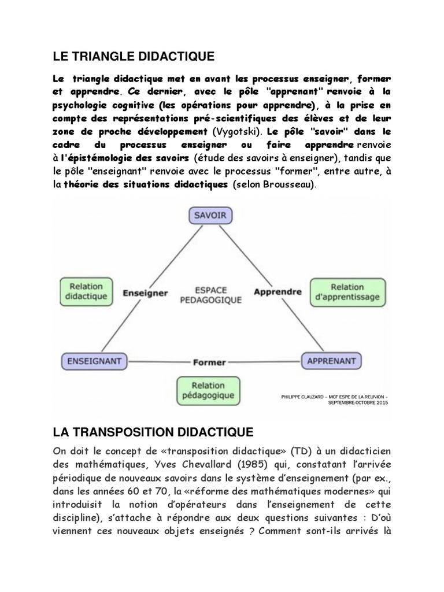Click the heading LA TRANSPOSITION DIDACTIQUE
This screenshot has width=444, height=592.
(x=153, y=432)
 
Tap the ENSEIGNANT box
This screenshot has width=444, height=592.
(x=94, y=361)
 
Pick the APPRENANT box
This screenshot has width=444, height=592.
(x=332, y=361)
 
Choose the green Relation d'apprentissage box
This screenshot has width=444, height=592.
(x=348, y=291)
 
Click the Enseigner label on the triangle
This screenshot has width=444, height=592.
(x=145, y=293)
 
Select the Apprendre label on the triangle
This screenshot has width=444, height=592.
(x=278, y=291)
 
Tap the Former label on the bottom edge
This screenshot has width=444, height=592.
(x=209, y=362)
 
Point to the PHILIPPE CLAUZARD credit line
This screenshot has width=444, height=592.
(x=334, y=399)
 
